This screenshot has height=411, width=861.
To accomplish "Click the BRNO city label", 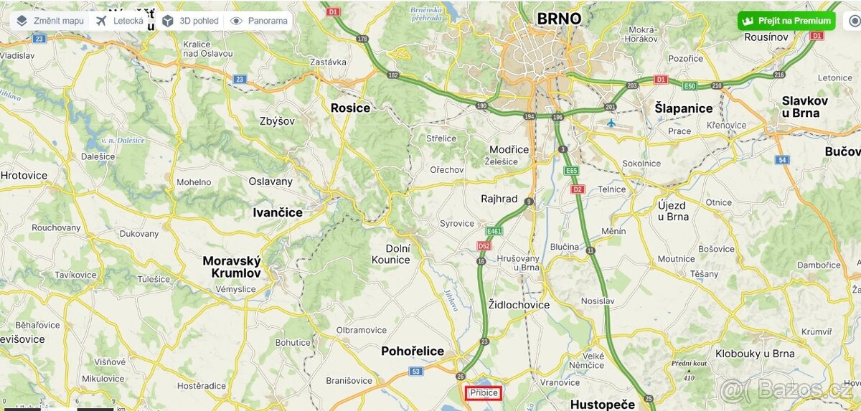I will pyautogui.click(x=559, y=19).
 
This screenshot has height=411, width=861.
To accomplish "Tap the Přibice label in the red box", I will pyautogui.click(x=484, y=392).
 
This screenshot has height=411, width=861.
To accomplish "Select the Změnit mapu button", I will pyautogui.click(x=50, y=21).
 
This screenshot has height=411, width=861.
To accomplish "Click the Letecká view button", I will pyautogui.click(x=120, y=21).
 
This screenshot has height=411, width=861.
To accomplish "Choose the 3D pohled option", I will pyautogui.click(x=190, y=21).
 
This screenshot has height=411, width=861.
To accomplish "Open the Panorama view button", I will pyautogui.click(x=259, y=21).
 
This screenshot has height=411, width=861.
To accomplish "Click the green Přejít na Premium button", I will pyautogui.click(x=786, y=21).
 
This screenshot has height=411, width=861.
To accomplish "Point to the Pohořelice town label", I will pyautogui.click(x=413, y=351).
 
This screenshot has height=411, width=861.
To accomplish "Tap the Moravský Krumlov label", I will pyautogui.click(x=232, y=267).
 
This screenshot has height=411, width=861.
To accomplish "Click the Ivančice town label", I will pyautogui.click(x=278, y=212).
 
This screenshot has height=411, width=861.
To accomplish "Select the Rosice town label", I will pyautogui.click(x=350, y=108).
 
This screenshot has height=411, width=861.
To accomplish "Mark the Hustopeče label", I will pyautogui.click(x=603, y=405).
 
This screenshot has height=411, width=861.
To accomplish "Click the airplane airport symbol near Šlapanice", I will pyautogui.click(x=611, y=123).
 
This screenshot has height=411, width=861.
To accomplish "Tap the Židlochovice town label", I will pyautogui.click(x=519, y=305).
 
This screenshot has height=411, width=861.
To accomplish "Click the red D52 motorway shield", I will pyautogui.click(x=484, y=246).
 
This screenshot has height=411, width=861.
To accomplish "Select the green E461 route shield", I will pyautogui.click(x=494, y=232).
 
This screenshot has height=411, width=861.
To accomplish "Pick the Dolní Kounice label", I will pyautogui.click(x=392, y=254).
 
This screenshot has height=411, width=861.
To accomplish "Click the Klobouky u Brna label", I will pyautogui.click(x=755, y=354).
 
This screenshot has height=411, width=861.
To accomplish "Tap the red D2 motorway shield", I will pyautogui.click(x=577, y=189).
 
